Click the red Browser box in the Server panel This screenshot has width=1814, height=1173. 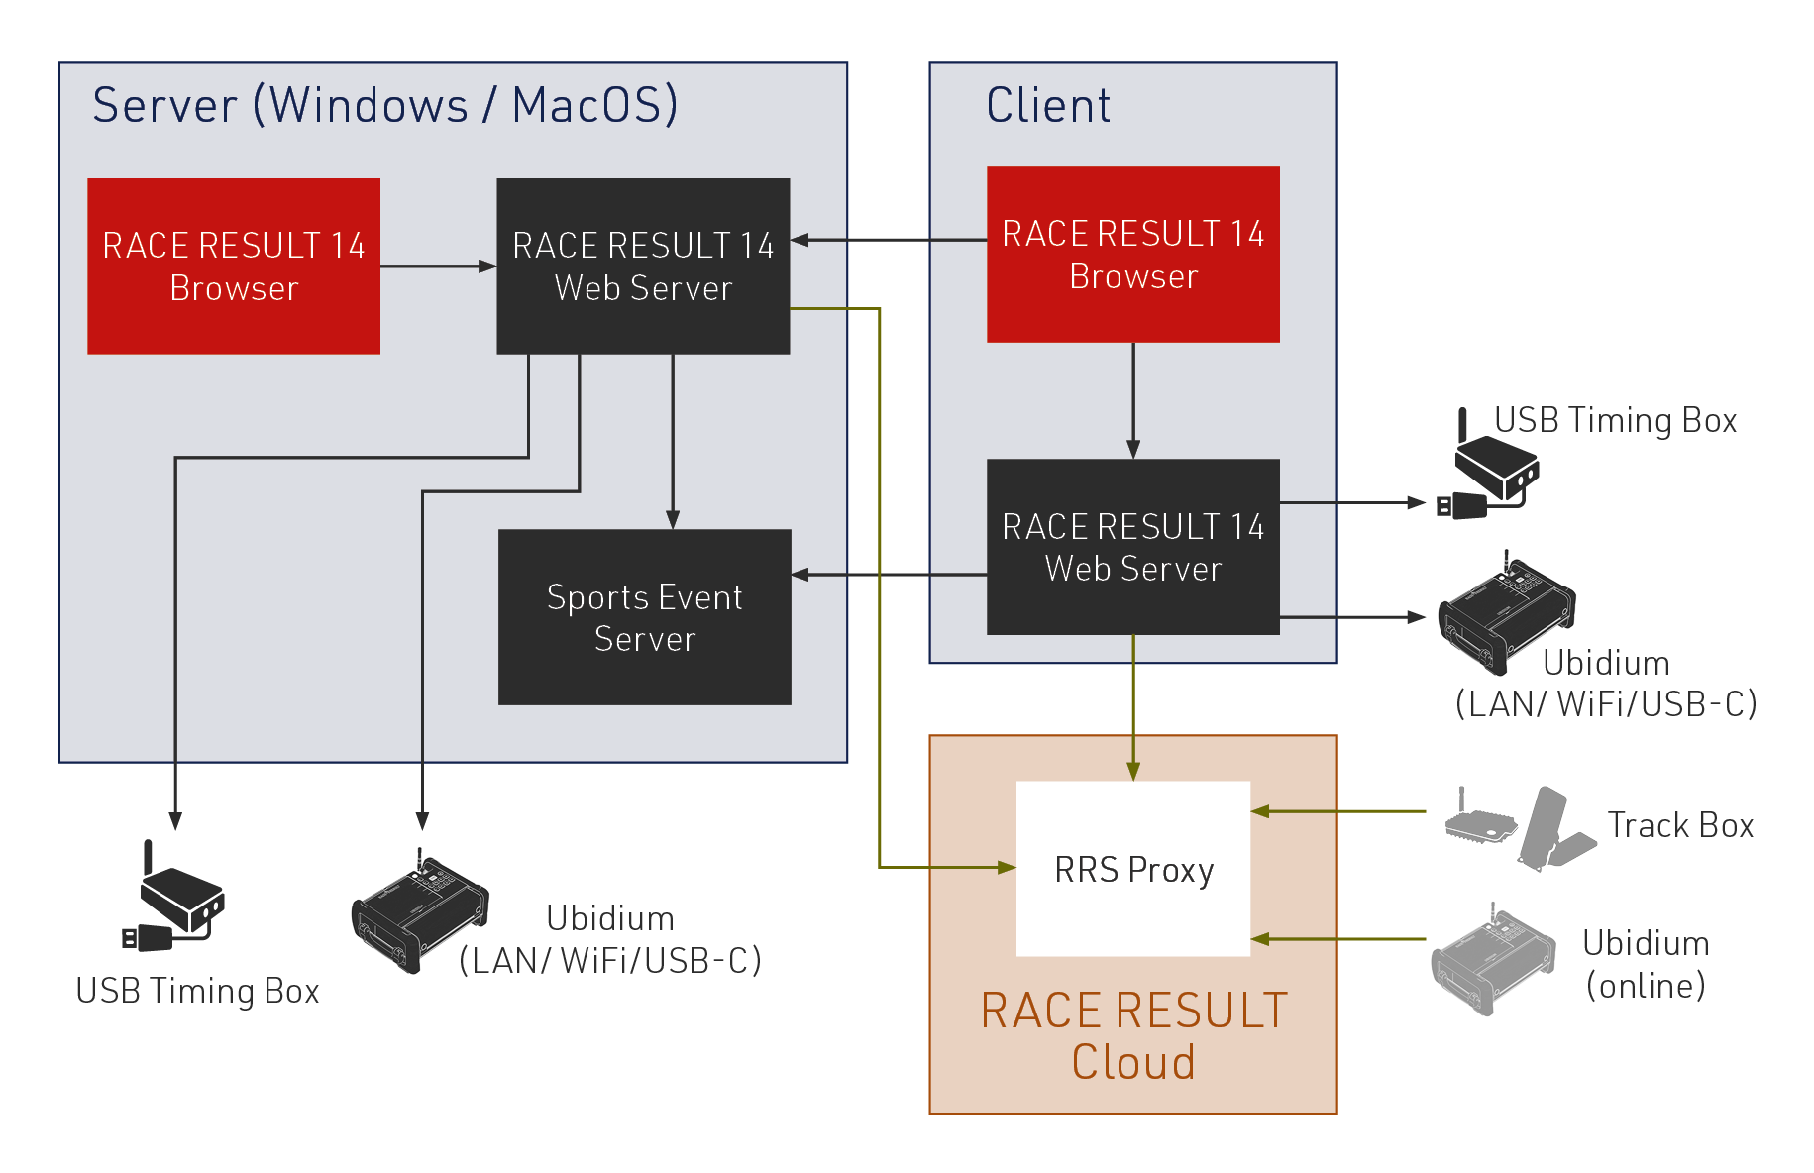point(234,266)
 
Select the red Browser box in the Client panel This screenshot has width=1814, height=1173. point(1132,255)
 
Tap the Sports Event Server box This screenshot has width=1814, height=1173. point(644,617)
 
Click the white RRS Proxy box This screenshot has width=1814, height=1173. point(1132,869)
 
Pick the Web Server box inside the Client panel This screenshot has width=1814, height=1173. point(1132,547)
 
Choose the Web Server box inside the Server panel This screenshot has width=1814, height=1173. point(643,266)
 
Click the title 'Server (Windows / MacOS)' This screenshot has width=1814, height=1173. point(384,105)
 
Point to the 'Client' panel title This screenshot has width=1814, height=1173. point(1048,105)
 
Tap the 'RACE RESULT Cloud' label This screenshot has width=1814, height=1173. point(1133,1036)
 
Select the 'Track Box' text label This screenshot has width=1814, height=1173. point(1680,825)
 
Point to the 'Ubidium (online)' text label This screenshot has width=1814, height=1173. point(1646,964)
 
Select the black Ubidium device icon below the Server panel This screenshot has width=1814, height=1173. point(420,915)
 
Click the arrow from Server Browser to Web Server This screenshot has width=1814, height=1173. point(438,267)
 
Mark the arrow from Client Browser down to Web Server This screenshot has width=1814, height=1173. point(1133,400)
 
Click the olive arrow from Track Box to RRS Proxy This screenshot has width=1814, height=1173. point(1337,811)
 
